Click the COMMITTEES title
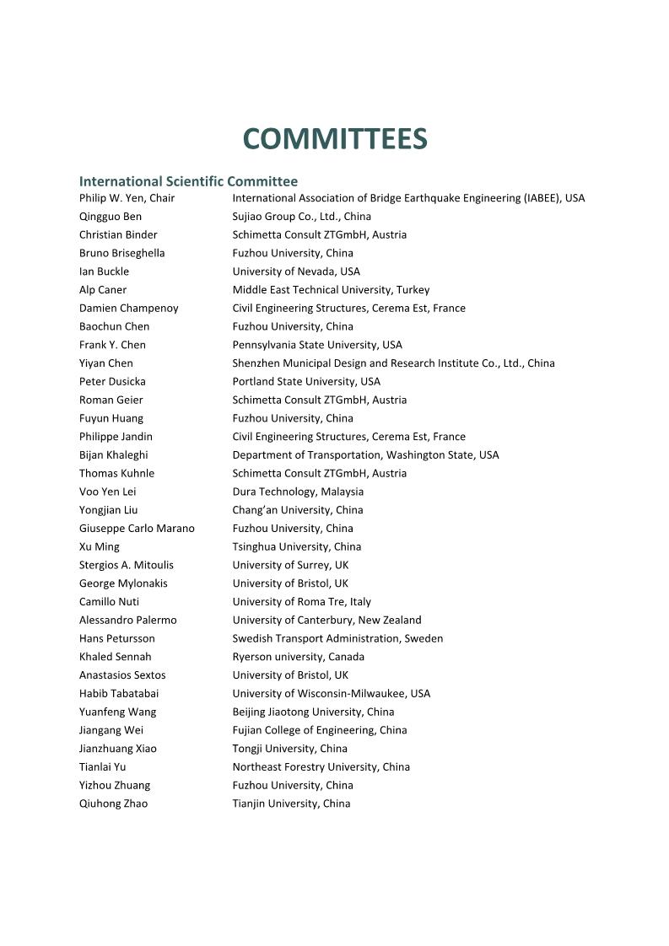pos(335,139)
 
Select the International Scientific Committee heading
pos(188,181)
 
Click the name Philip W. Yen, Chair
pos(127,198)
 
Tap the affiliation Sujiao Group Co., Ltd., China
pos(301,217)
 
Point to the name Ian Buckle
pos(104,271)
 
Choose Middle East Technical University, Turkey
pos(331,290)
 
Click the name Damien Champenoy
pos(128,309)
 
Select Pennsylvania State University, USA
pos(317,345)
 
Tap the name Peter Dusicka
pos(112,382)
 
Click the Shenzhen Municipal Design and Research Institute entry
pos(393,363)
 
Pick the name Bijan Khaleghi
pos(113,455)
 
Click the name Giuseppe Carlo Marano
pos(137,529)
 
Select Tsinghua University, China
pos(296,547)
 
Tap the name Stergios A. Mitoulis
pos(126,565)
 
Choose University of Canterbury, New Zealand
pos(326,621)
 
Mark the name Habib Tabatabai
pos(119,694)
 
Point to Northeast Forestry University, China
pos(321,767)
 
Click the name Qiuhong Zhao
pos(113,804)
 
